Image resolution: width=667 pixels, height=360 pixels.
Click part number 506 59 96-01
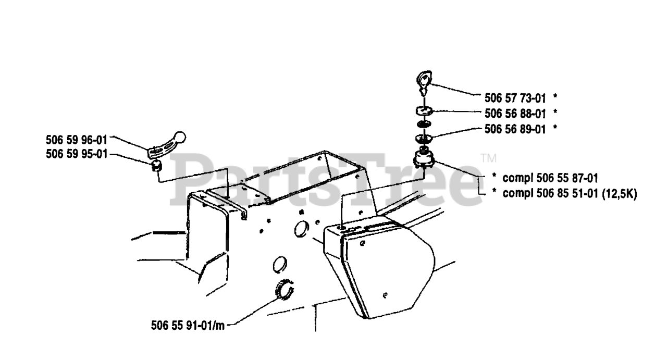click(x=77, y=139)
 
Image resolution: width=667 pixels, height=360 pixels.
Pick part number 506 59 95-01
click(x=77, y=154)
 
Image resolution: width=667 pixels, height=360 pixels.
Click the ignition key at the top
click(x=424, y=81)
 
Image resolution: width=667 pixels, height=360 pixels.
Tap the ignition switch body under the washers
click(x=424, y=158)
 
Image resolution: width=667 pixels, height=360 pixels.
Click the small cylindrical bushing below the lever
click(x=155, y=167)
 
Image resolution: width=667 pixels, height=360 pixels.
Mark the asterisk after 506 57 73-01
click(x=555, y=97)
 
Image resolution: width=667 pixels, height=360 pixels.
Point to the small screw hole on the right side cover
click(x=384, y=295)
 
